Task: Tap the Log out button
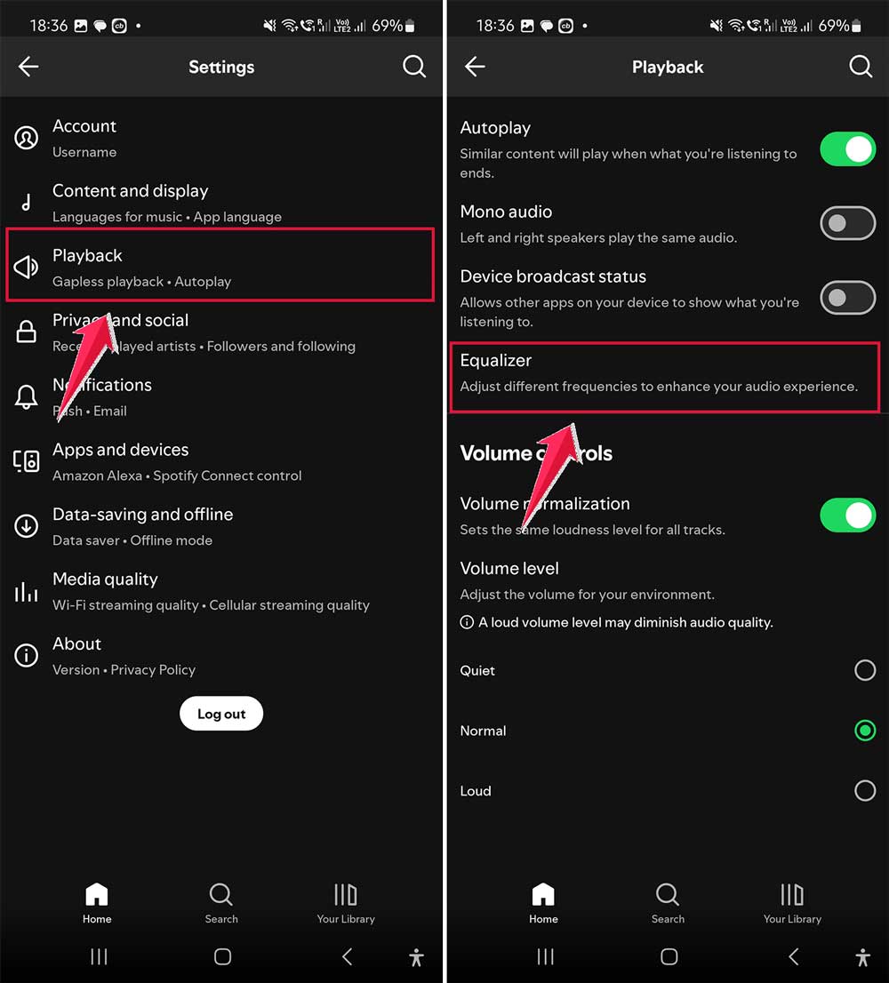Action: [221, 714]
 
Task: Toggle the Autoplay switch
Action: [847, 149]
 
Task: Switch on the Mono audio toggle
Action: [847, 224]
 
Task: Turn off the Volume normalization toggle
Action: [847, 515]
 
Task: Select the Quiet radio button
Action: [864, 670]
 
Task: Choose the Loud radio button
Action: [864, 790]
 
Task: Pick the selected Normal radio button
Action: [864, 731]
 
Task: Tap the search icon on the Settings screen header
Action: [414, 67]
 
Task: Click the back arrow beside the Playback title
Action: [475, 67]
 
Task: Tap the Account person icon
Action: [27, 138]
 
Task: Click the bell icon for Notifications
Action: [27, 396]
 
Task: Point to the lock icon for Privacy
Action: [27, 332]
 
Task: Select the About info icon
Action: [27, 656]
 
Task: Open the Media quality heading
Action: [105, 579]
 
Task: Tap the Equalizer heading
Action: [496, 361]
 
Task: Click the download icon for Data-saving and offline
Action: [27, 526]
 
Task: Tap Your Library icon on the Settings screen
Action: [346, 894]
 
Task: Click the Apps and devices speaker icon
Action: [27, 461]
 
